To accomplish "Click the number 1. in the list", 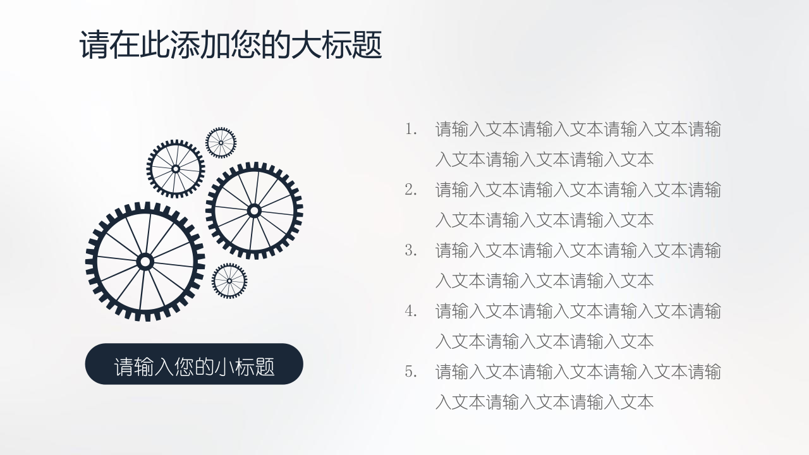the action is [411, 130].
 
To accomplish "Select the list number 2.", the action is [411, 190].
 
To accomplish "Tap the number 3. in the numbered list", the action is [411, 251].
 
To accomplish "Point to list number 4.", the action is [411, 312].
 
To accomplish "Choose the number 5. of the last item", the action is [411, 372].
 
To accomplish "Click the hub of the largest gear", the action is [145, 262].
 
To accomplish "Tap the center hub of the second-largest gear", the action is [254, 211].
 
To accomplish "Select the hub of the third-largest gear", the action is [176, 169].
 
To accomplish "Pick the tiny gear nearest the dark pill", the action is [229, 281].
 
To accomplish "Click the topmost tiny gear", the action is [221, 143].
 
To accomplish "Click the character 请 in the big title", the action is [94, 45].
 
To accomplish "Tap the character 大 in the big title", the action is [307, 45].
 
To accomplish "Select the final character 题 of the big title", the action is [367, 45].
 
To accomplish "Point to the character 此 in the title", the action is [155, 45].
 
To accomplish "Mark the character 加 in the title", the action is [216, 45].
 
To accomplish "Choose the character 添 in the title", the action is [185, 45].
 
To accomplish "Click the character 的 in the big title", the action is [276, 45].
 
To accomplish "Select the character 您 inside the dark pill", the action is [184, 367].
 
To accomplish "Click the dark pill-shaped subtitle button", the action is [194, 363].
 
